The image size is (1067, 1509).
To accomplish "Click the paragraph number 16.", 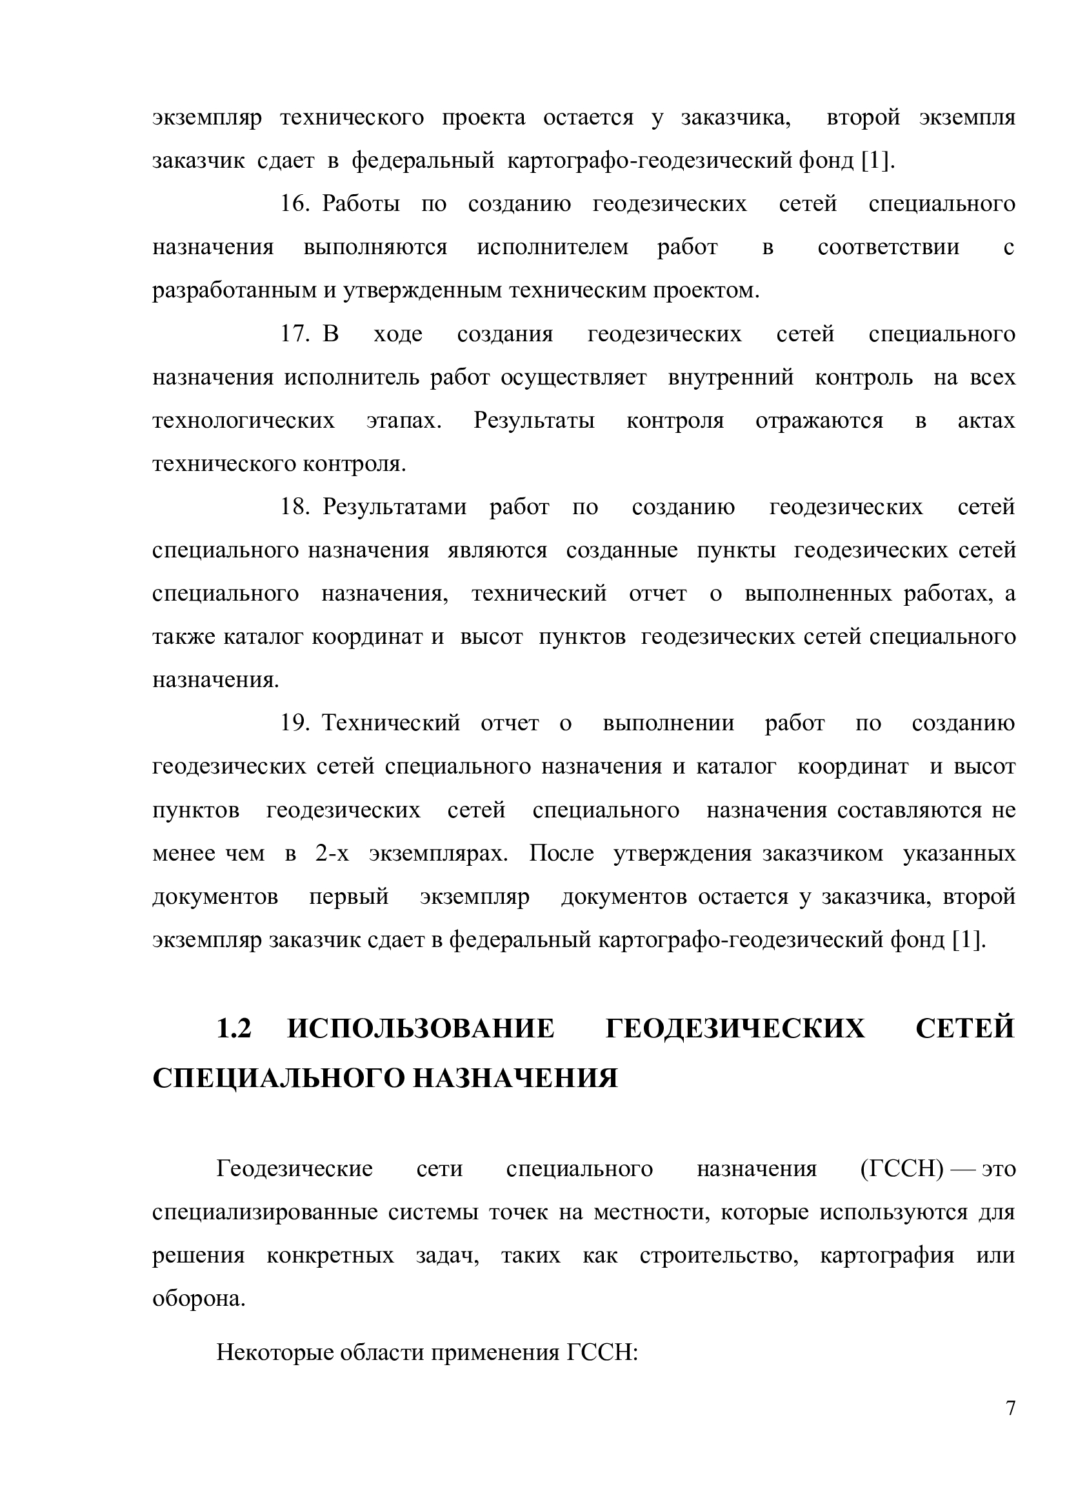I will (x=294, y=205).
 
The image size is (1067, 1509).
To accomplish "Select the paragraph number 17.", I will (x=294, y=335).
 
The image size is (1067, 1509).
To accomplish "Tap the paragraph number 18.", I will (x=294, y=507).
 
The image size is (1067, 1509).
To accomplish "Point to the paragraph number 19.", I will (x=294, y=724).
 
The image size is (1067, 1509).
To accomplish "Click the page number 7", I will (x=1010, y=1427).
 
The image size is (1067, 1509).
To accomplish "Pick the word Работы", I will (x=361, y=205).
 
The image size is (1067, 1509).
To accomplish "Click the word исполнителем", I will (x=553, y=248).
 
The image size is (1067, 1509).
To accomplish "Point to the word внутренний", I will (x=731, y=378).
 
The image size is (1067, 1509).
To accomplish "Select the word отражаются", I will (x=819, y=421).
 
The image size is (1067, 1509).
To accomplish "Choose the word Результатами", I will (x=394, y=507).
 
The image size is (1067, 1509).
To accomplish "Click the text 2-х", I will (x=332, y=854).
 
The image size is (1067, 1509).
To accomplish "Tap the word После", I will (x=561, y=854).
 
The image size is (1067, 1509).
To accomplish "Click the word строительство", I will (x=719, y=1256).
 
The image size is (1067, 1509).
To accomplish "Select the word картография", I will (x=887, y=1256).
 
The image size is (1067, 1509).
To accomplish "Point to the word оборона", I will (x=199, y=1299).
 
